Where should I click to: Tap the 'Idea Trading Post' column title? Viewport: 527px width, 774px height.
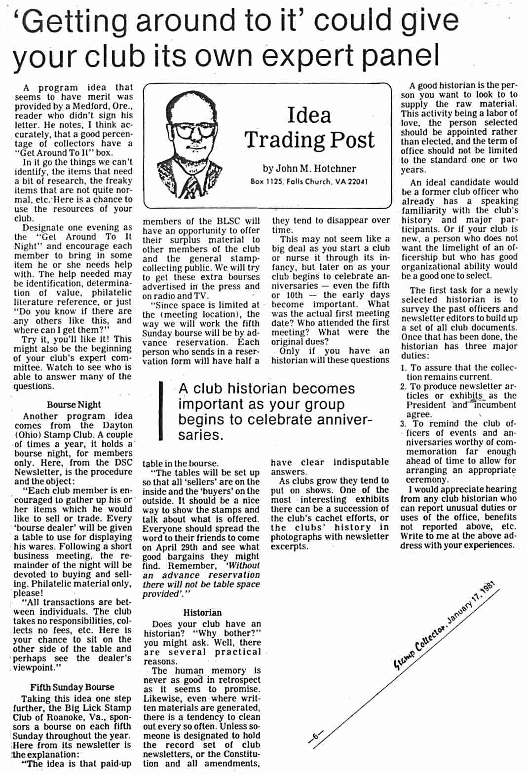pyautogui.click(x=309, y=127)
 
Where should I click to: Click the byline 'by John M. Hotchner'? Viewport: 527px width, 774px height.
pyautogui.click(x=309, y=169)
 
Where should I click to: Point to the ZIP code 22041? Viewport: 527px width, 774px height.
pyautogui.click(x=357, y=182)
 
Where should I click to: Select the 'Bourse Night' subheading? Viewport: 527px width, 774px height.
pyautogui.click(x=74, y=405)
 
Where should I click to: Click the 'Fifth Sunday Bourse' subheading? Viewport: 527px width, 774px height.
pyautogui.click(x=72, y=687)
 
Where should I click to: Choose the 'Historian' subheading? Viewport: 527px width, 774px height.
pyautogui.click(x=202, y=613)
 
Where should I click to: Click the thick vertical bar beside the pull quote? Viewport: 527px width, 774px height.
pyautogui.click(x=160, y=411)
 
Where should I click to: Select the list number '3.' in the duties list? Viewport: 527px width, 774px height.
pyautogui.click(x=403, y=424)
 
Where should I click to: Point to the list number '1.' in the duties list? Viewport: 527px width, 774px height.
pyautogui.click(x=403, y=368)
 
